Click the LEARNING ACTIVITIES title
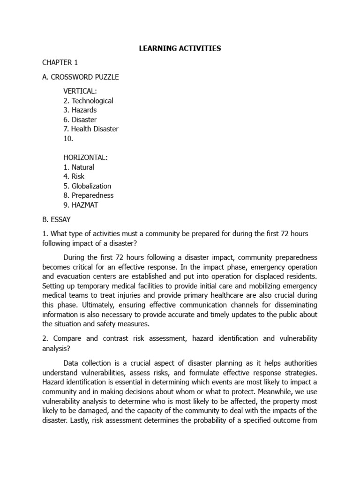coord(180,48)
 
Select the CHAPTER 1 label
coord(57,63)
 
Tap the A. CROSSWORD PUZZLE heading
coord(81,77)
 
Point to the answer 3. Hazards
coord(80,110)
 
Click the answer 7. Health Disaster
coord(91,129)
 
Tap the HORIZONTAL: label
coord(85,157)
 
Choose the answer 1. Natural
coord(79,167)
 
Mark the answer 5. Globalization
coord(88,186)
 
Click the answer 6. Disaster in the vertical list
coord(80,120)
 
